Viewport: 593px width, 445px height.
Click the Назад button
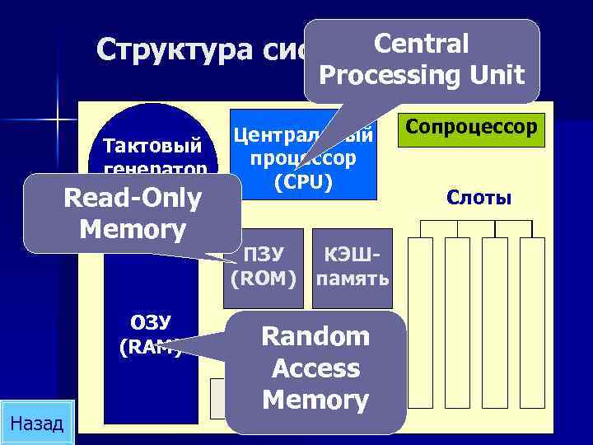click(38, 423)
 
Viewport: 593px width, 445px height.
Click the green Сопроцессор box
click(471, 129)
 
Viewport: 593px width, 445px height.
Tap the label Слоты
click(479, 198)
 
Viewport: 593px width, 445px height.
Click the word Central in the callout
click(421, 44)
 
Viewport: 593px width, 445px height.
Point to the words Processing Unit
click(421, 75)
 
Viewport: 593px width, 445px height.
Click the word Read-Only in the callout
click(132, 199)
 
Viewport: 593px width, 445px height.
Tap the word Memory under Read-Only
click(132, 228)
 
